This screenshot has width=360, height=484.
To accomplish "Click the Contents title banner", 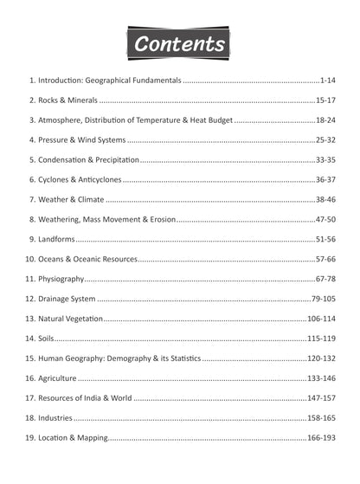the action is [x=180, y=42].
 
